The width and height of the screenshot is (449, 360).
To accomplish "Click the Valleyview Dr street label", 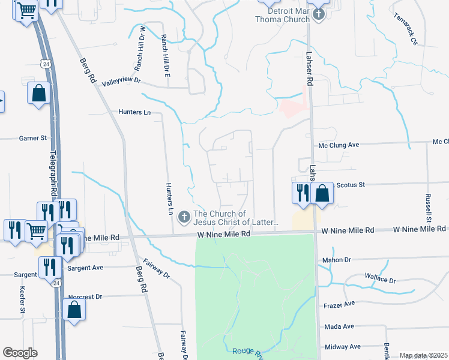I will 121,80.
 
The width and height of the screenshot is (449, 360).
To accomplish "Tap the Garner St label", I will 32,138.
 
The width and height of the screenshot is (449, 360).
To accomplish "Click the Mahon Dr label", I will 336,260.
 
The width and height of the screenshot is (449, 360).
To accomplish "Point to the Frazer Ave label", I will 338,305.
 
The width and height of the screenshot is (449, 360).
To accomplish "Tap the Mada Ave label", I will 339,326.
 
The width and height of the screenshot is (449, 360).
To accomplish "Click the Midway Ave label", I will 342,347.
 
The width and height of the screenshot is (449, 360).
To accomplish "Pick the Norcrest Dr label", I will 85,296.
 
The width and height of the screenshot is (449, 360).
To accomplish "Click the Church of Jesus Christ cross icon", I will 184,215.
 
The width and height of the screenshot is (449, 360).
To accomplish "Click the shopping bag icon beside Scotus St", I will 322,193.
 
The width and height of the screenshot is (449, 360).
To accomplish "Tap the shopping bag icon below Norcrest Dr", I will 74,310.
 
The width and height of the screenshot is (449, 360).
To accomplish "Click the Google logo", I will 20,353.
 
